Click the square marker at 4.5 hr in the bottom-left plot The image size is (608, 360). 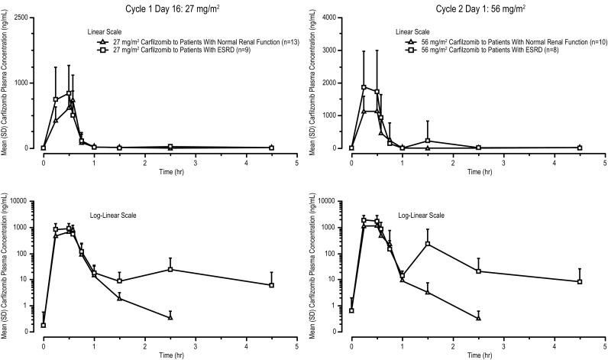271,285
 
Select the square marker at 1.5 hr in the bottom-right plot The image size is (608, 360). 428,244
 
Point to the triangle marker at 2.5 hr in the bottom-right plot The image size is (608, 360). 478,317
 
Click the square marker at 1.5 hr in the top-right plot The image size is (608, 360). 428,141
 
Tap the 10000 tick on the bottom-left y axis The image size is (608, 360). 24,201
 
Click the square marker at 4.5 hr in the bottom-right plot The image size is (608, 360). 579,282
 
